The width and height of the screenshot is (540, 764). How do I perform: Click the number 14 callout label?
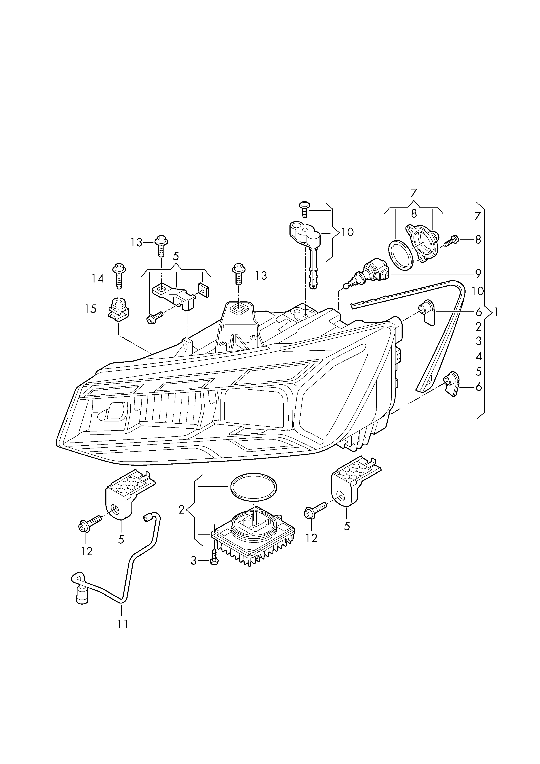coord(98,279)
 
